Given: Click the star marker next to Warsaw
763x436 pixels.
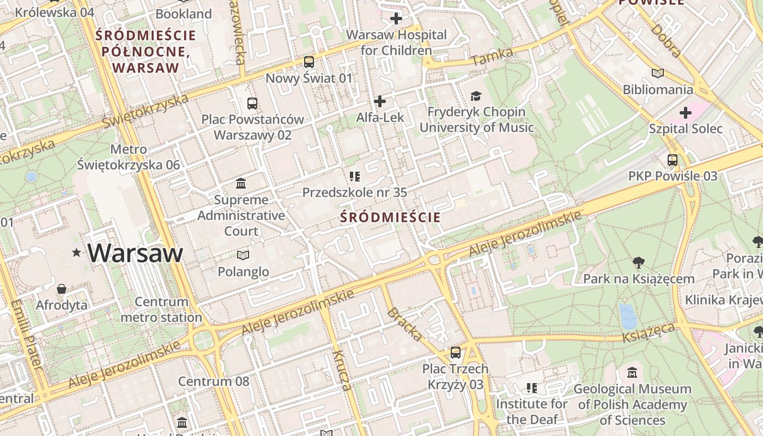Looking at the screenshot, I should pyautogui.click(x=77, y=252).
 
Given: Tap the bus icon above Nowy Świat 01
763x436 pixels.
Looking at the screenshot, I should pyautogui.click(x=309, y=62).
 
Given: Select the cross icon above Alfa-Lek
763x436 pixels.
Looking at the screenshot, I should pyautogui.click(x=380, y=101).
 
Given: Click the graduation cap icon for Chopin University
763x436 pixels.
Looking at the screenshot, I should pyautogui.click(x=476, y=96).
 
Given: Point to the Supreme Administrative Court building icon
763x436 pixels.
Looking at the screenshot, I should pyautogui.click(x=240, y=184).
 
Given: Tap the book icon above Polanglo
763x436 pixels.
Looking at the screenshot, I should pyautogui.click(x=243, y=255).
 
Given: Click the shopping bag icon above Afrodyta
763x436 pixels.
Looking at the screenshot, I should pyautogui.click(x=62, y=288).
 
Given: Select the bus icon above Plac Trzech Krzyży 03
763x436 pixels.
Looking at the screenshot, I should pyautogui.click(x=455, y=353).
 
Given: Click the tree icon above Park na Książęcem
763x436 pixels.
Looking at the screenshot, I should pyautogui.click(x=638, y=263).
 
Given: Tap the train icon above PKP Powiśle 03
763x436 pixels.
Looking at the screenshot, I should pyautogui.click(x=673, y=160).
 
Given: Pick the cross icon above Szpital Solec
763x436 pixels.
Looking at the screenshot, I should pyautogui.click(x=686, y=113).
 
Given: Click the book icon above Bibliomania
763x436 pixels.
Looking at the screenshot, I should pyautogui.click(x=658, y=73).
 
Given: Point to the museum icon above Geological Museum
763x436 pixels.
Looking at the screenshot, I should pyautogui.click(x=632, y=373).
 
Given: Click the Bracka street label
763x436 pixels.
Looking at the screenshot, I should pyautogui.click(x=404, y=324).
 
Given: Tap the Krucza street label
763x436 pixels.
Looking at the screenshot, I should pyautogui.click(x=341, y=371).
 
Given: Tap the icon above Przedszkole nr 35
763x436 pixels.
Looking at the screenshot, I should pyautogui.click(x=355, y=176).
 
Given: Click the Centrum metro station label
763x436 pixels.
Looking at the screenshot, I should pyautogui.click(x=161, y=310).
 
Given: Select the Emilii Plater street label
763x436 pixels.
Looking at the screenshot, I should pyautogui.click(x=26, y=335).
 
